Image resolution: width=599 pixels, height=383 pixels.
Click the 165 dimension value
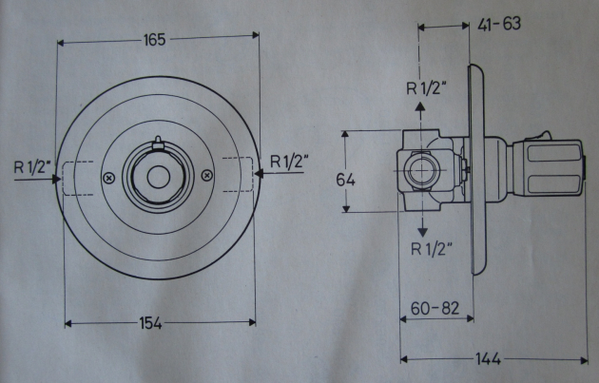tap(155, 40)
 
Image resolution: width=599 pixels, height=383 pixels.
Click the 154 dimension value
tap(150, 323)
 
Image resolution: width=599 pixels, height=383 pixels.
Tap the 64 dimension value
tap(346, 180)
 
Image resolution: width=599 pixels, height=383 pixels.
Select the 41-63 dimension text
tap(499, 24)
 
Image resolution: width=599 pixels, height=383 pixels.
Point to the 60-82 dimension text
tap(435, 309)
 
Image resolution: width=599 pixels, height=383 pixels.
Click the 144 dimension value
tap(488, 359)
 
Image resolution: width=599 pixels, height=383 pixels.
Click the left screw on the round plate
tap(109, 177)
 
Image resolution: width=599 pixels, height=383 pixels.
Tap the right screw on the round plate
tap(206, 176)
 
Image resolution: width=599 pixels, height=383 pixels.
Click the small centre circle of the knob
tap(158, 177)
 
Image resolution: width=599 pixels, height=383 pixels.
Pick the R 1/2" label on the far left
tap(33, 167)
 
